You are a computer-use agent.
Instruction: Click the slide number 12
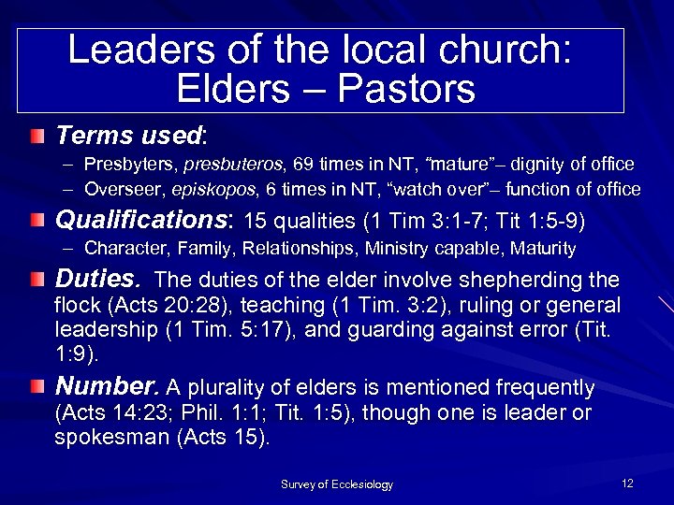click(627, 483)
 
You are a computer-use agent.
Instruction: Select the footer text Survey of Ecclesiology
click(337, 484)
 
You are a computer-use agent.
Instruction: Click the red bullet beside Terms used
click(36, 137)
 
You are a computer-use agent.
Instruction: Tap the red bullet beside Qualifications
click(36, 221)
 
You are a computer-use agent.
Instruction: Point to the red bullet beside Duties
click(36, 279)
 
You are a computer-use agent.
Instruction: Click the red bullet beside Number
click(36, 386)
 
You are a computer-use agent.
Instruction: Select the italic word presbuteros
click(226, 165)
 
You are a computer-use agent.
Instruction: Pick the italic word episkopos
click(206, 190)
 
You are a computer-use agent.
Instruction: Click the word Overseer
click(118, 190)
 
